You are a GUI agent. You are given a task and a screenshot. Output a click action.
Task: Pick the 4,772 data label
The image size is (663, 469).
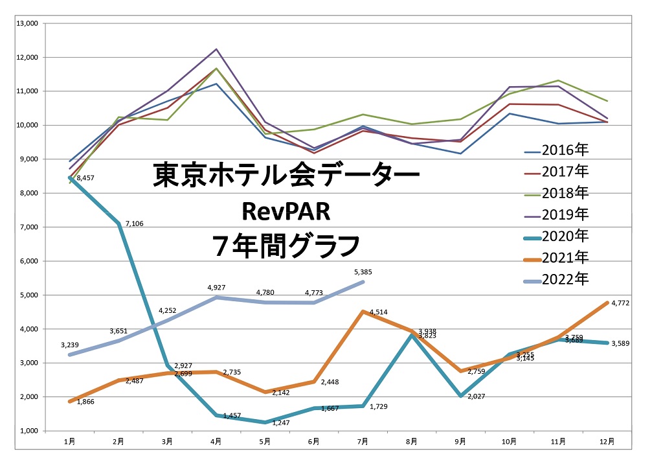click(620, 303)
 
